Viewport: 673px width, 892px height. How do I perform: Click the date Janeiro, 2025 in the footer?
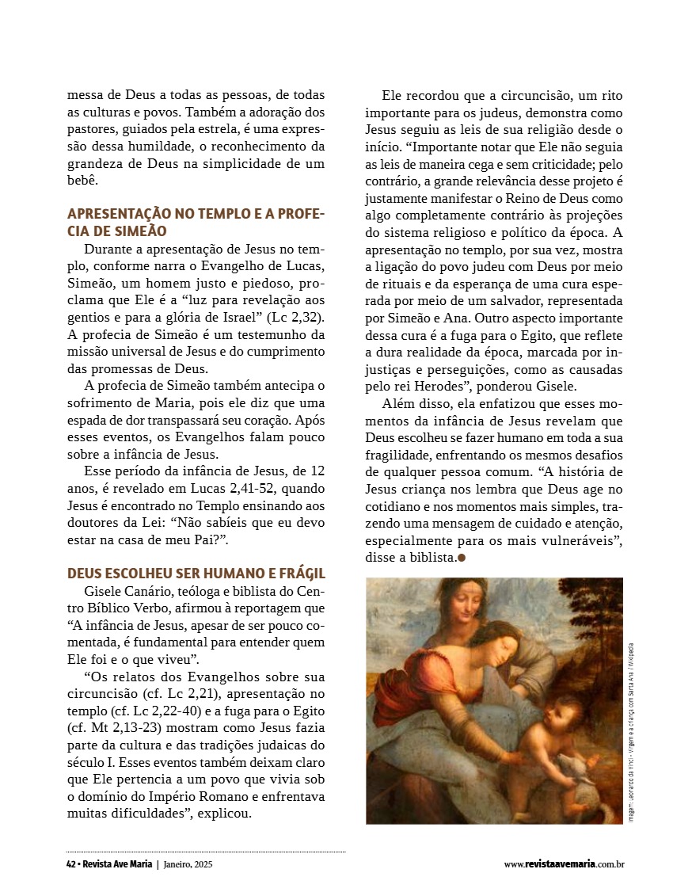pos(188,865)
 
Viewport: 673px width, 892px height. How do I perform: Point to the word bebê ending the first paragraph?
pos(82,181)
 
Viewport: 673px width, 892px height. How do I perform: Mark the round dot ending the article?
pos(462,558)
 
